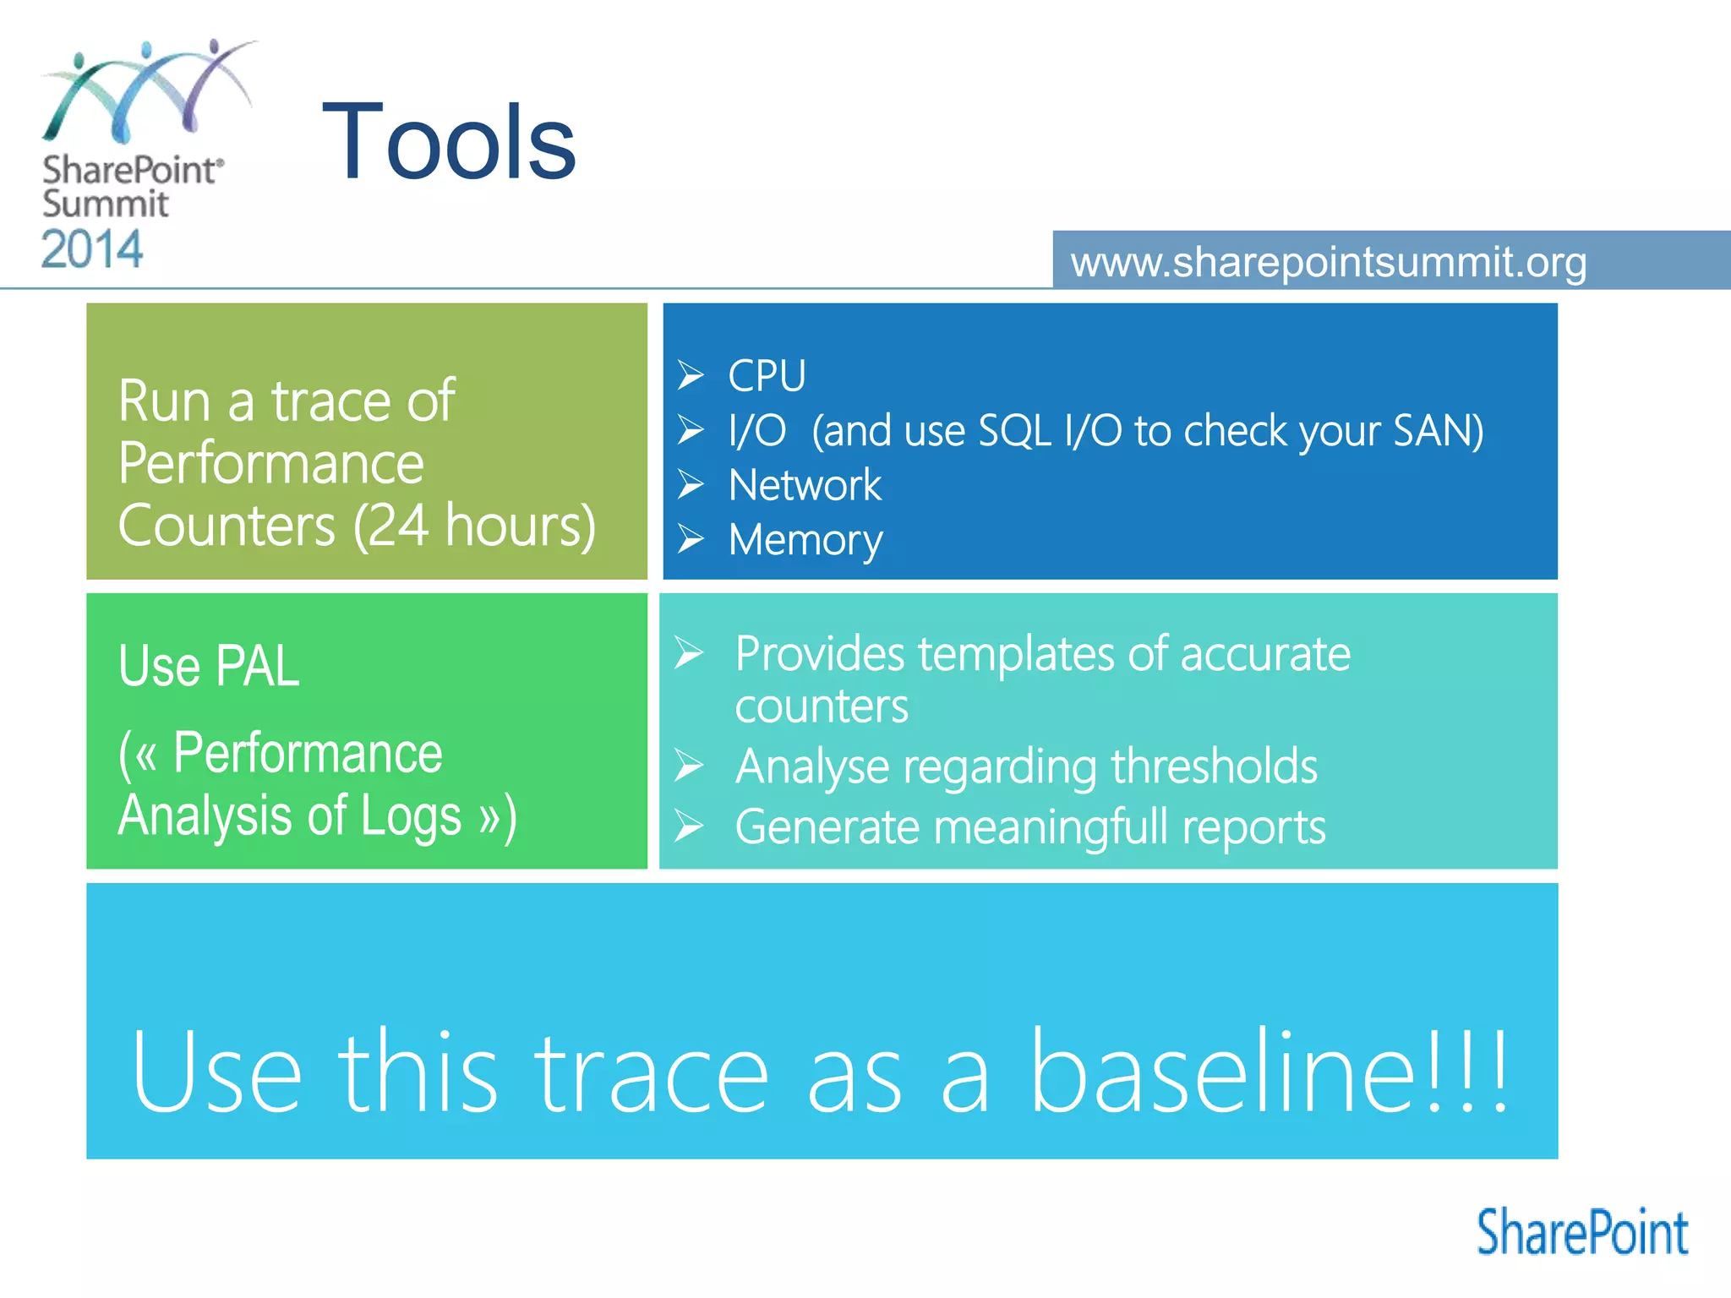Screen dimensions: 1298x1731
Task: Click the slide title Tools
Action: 449,142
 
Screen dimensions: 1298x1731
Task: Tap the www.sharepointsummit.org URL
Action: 1328,262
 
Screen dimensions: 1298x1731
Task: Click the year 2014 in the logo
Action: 92,249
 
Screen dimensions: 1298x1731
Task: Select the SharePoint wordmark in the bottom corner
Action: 1581,1233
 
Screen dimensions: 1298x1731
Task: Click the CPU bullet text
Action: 767,375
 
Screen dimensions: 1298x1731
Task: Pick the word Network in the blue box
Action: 804,485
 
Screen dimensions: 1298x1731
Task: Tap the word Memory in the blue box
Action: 805,540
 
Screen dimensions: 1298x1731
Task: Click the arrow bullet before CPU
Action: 691,374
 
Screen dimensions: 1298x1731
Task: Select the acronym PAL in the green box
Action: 257,666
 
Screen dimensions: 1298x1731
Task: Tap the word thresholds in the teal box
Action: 1214,766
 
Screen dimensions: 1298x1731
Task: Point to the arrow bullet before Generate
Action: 689,826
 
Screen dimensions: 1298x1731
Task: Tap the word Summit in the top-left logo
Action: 105,204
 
